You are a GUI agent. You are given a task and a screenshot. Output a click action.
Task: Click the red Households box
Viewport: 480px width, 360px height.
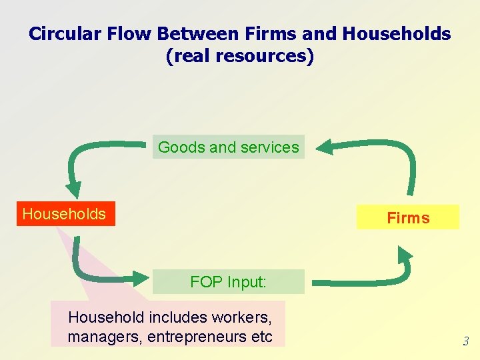tap(65, 214)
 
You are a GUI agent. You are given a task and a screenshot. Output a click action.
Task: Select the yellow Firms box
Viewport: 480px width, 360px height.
tap(407, 217)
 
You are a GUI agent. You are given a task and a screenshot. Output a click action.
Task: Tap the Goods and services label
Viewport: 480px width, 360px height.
tap(229, 147)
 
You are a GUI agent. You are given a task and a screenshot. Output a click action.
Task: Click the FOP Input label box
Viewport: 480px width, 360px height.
tap(228, 282)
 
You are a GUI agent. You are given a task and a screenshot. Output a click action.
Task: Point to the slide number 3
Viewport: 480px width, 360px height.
tap(466, 342)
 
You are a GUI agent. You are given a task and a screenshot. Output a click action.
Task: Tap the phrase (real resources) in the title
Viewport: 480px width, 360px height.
tap(239, 56)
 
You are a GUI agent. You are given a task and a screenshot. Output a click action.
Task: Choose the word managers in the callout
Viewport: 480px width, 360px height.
tap(104, 337)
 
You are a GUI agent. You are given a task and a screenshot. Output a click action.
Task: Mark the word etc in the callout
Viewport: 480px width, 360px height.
tap(262, 337)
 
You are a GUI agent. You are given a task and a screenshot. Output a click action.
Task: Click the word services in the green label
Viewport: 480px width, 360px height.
tap(269, 147)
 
